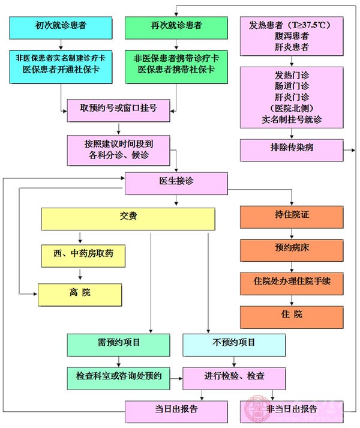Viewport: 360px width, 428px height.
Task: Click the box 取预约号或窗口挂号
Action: pyautogui.click(x=121, y=109)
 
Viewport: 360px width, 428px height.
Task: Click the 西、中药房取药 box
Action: pyautogui.click(x=85, y=256)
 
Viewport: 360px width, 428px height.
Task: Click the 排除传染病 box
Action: pyautogui.click(x=292, y=149)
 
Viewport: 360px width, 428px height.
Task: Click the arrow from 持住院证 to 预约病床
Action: pyautogui.click(x=292, y=235)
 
